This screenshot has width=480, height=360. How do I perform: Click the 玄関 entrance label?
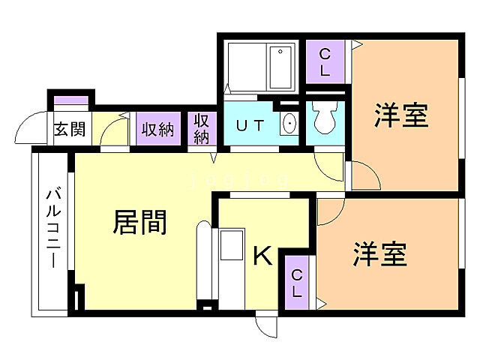coord(68,128)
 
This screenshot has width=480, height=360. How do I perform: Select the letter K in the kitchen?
coord(261,256)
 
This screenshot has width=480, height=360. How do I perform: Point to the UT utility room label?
coord(250,125)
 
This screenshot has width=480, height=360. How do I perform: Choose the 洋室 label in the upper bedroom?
coord(401,117)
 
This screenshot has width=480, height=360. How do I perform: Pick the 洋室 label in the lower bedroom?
coord(380,254)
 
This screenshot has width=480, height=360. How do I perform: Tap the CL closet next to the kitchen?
coord(297,283)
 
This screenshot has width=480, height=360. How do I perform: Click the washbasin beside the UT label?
coord(288,124)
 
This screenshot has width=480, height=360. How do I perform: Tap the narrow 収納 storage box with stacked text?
coord(202,128)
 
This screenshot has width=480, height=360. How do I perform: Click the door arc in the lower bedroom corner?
coord(327,212)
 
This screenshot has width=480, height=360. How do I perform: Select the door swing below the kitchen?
coord(266,323)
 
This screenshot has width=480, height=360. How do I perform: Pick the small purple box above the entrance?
coord(70,100)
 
